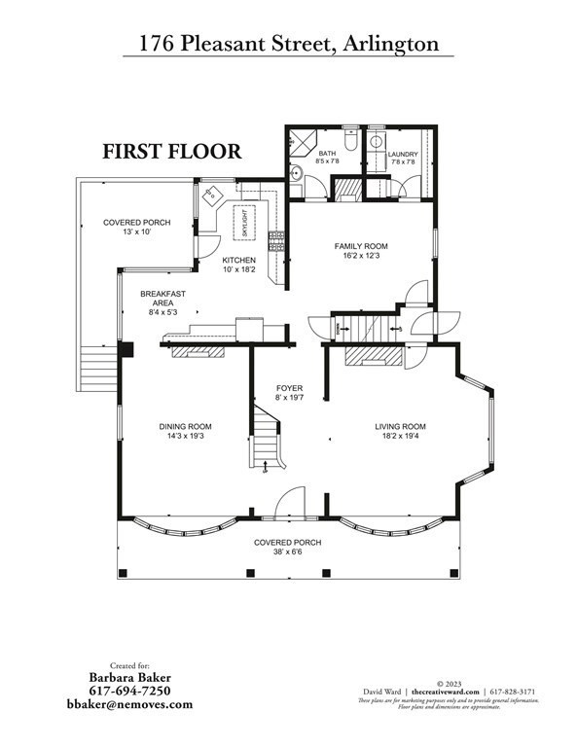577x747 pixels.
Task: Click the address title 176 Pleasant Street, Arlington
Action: click(x=288, y=44)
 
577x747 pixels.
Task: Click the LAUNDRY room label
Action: click(x=402, y=155)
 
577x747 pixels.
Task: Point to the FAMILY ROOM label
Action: click(x=361, y=247)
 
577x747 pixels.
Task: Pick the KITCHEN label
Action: click(x=238, y=260)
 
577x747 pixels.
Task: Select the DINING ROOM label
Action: click(x=185, y=426)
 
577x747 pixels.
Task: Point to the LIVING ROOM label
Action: click(x=401, y=426)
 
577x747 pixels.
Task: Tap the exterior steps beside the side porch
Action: click(x=96, y=370)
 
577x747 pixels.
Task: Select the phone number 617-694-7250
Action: click(x=129, y=690)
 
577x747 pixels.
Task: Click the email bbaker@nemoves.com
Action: click(x=129, y=704)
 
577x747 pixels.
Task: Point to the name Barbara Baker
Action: click(x=129, y=675)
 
